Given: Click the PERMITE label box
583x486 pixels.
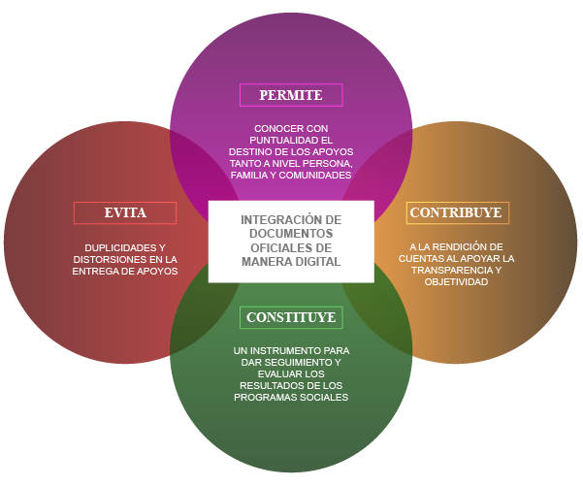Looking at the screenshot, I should [291, 95].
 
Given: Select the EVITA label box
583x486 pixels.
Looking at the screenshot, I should [125, 212].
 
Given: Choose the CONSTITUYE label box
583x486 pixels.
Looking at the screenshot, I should [291, 317].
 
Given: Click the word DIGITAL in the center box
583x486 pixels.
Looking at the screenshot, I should [318, 262].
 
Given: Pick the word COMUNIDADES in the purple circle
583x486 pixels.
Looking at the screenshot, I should [315, 176].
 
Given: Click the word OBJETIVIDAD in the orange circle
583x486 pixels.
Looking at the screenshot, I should [456, 282].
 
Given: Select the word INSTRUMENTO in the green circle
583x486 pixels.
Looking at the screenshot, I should [283, 349].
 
